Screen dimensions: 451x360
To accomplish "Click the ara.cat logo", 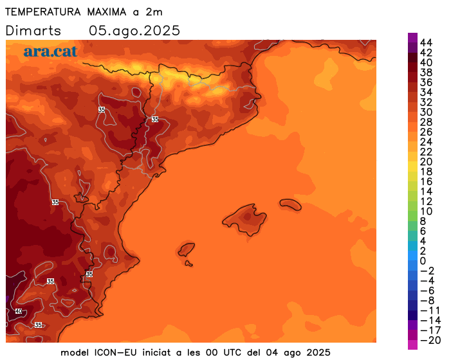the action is pyautogui.click(x=51, y=51).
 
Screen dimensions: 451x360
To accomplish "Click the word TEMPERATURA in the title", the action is pyautogui.click(x=43, y=12).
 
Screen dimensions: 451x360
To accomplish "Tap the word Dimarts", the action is pyautogui.click(x=33, y=31).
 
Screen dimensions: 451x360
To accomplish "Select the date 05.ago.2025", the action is pyautogui.click(x=134, y=31).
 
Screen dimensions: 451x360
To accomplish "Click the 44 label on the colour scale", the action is pyautogui.click(x=426, y=43).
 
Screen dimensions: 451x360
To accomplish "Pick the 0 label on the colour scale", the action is pyautogui.click(x=423, y=261).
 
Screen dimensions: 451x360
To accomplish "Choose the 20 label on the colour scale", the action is pyautogui.click(x=426, y=162).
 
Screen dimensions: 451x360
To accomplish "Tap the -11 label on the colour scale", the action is pyautogui.click(x=430, y=310).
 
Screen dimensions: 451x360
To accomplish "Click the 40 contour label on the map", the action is pyautogui.click(x=19, y=311).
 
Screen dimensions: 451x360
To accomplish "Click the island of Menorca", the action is pyautogui.click(x=291, y=204).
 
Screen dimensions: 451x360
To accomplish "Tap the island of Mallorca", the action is pyautogui.click(x=245, y=219).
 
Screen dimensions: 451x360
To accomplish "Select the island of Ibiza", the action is pyautogui.click(x=186, y=249).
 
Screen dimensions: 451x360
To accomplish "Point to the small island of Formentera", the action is pyautogui.click(x=189, y=264).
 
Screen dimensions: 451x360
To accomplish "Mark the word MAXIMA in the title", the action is pyautogui.click(x=107, y=12).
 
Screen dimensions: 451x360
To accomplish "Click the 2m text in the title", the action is pyautogui.click(x=154, y=12).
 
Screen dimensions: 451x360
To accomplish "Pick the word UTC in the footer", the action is pyautogui.click(x=230, y=352).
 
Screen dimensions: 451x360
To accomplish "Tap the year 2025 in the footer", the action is pyautogui.click(x=318, y=352).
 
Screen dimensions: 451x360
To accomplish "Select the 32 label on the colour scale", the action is pyautogui.click(x=426, y=102).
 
